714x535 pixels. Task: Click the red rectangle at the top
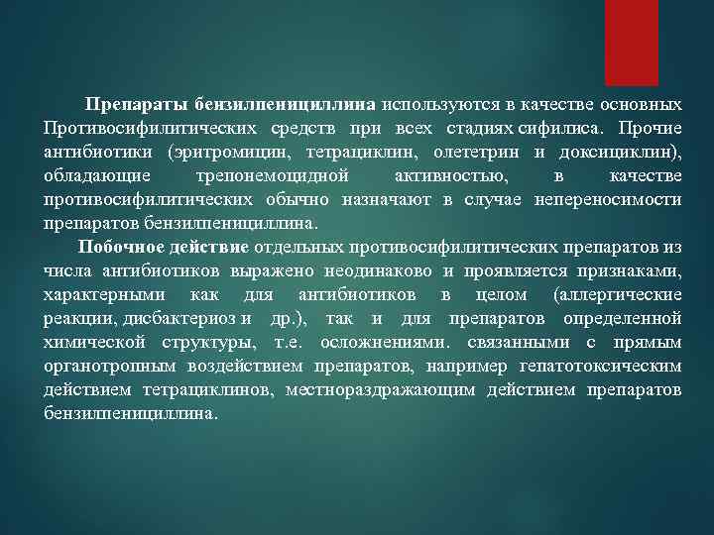point(632,42)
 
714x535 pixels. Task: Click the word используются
point(435,104)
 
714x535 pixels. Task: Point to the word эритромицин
point(222,152)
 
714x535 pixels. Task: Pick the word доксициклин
point(615,152)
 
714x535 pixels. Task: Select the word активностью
point(450,175)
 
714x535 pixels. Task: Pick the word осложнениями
point(385,342)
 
